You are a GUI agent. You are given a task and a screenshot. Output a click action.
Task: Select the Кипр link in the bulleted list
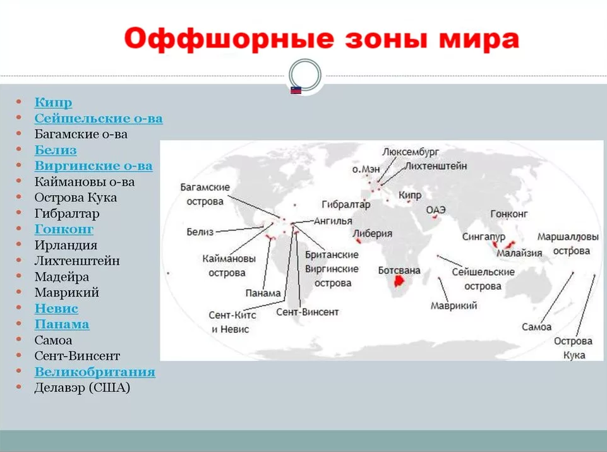pos(53,103)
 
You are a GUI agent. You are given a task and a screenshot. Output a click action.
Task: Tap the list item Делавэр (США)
pos(82,388)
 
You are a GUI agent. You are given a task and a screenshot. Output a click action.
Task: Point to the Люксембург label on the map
pos(411,152)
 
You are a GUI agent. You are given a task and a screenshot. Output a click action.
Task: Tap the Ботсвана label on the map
pos(399,270)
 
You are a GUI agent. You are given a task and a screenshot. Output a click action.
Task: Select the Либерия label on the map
pos(373,234)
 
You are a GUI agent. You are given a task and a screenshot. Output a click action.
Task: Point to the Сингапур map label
pos(484,236)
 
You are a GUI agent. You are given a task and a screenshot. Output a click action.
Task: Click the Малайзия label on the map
pos(519,253)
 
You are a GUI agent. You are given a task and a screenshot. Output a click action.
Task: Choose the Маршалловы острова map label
pos(567,243)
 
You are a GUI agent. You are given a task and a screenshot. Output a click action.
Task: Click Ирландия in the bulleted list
pos(66,245)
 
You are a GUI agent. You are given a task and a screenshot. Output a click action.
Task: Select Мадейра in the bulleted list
pos(61,277)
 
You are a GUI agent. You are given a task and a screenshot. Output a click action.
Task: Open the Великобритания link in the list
pos(95,372)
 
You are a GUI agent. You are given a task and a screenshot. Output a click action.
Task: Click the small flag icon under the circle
pos(296,90)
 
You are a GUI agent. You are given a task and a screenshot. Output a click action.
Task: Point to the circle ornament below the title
pos(304,73)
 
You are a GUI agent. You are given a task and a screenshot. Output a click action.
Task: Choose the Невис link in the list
pos(56,309)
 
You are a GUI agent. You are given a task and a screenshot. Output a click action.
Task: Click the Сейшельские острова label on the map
pos(483,278)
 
